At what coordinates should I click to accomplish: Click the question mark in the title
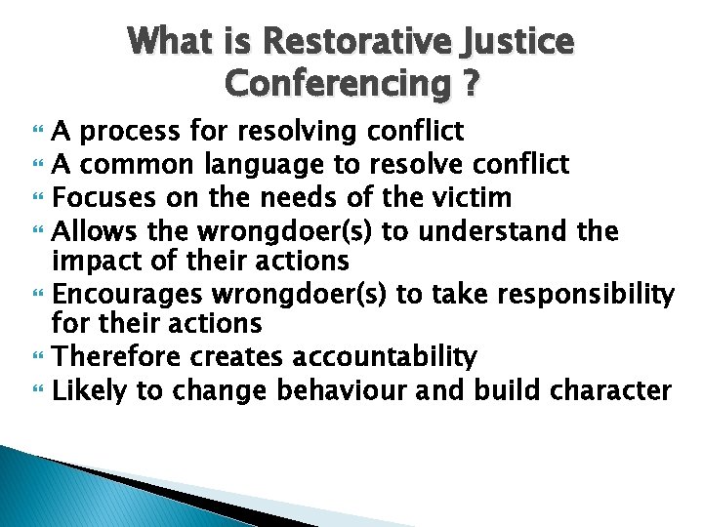tap(470, 85)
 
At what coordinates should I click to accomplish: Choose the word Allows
tap(86, 231)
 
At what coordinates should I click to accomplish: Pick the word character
tap(610, 391)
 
